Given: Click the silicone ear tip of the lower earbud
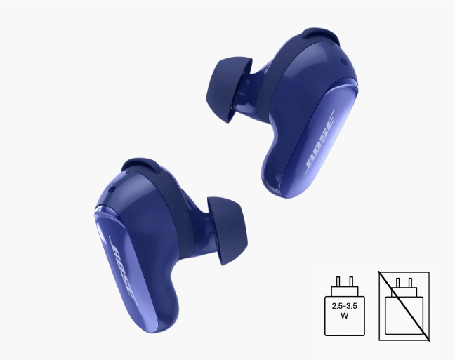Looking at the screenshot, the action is point(227,231).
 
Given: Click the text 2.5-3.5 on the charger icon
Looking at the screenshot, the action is point(345,306).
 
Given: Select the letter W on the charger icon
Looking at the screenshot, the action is point(345,316).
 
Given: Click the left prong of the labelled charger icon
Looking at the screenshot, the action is point(338,281).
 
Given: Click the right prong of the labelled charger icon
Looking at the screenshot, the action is point(351,281).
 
